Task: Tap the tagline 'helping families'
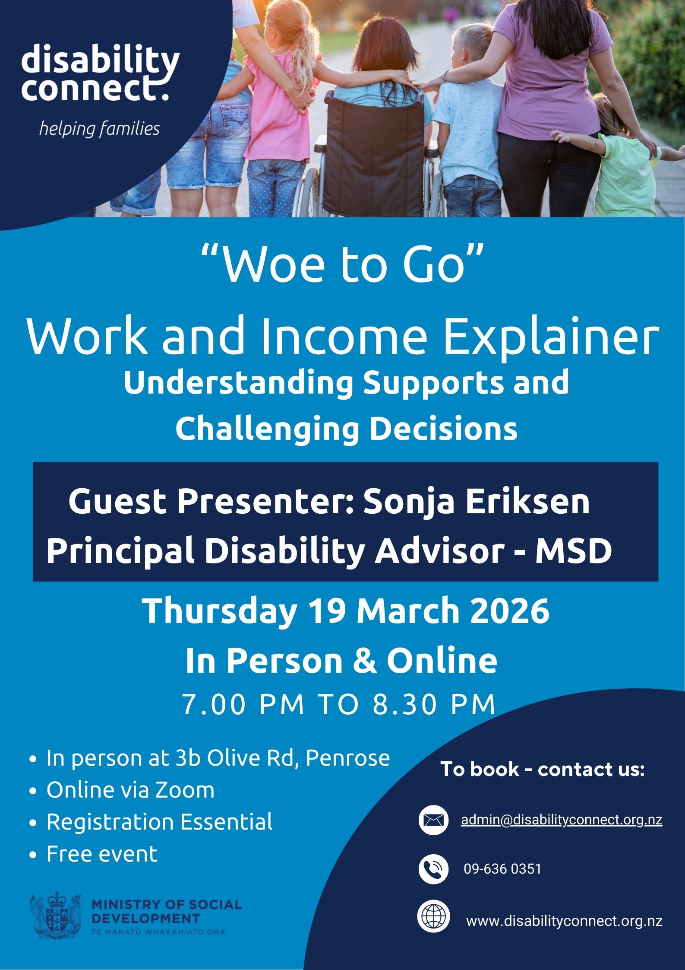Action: coord(99,129)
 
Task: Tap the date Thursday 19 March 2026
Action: coord(346,611)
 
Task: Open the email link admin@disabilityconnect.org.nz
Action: coord(562,820)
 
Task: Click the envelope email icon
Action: coord(434,820)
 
